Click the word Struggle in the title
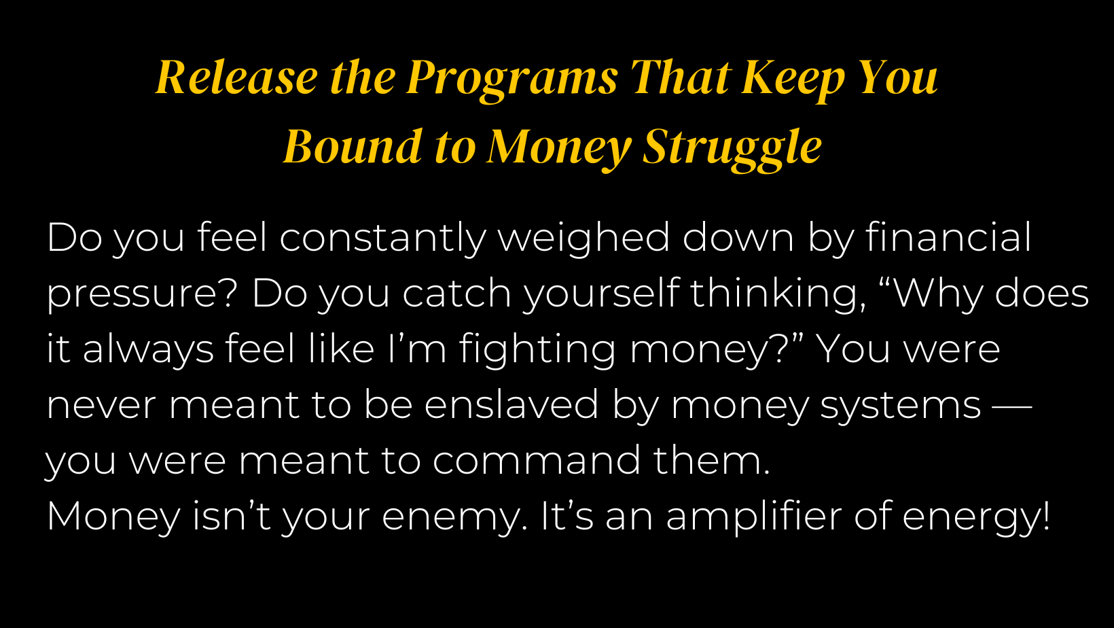click(x=732, y=150)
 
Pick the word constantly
click(x=382, y=239)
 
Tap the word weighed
click(x=584, y=239)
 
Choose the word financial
click(x=948, y=237)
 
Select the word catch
click(x=456, y=294)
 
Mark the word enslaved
click(x=511, y=404)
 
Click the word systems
click(x=901, y=408)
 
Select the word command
click(x=536, y=460)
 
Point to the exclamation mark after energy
click(x=1046, y=515)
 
